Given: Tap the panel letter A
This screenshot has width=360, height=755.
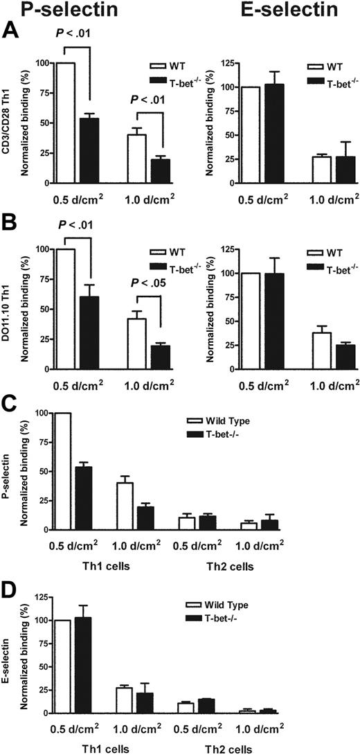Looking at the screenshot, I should coord(10,30).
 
